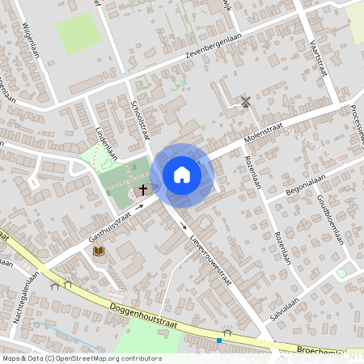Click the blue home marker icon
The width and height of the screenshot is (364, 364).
[182, 175]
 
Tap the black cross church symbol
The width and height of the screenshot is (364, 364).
[143, 191]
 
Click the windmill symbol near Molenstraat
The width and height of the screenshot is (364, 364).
[245, 102]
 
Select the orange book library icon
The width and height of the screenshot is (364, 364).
[99, 252]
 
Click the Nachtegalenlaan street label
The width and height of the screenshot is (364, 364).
[27, 300]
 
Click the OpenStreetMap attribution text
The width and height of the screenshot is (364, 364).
[81, 358]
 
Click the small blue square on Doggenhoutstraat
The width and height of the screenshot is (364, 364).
[218, 341]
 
